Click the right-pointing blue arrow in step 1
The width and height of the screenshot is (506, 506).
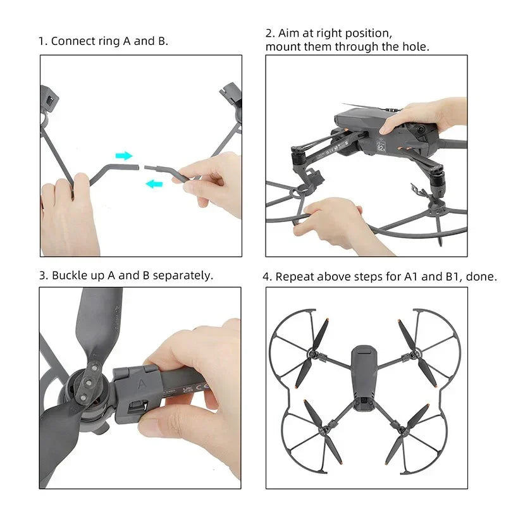pyautogui.click(x=124, y=156)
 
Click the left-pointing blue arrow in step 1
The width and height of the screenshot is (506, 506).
pyautogui.click(x=153, y=184)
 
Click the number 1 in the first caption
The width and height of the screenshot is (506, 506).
pyautogui.click(x=42, y=41)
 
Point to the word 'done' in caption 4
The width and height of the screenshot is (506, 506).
pyautogui.click(x=484, y=276)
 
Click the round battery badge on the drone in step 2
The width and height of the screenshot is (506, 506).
pyautogui.click(x=381, y=147)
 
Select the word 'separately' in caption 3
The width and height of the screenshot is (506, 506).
pyautogui.click(x=182, y=275)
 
